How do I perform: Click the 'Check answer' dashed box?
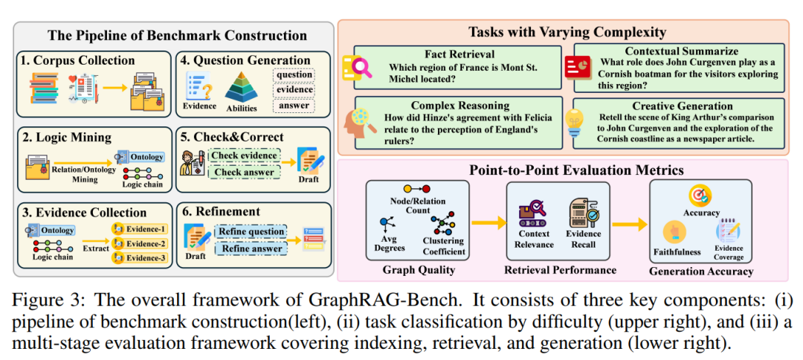pos(243,173)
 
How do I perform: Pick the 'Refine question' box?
pos(251,231)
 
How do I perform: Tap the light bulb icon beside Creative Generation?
pos(573,120)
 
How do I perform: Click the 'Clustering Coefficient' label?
pos(443,245)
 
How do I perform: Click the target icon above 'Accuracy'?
pos(700,196)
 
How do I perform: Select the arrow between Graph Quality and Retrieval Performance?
pos(488,221)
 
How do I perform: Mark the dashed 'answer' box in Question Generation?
pos(294,105)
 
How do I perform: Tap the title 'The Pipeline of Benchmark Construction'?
pos(177,35)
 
